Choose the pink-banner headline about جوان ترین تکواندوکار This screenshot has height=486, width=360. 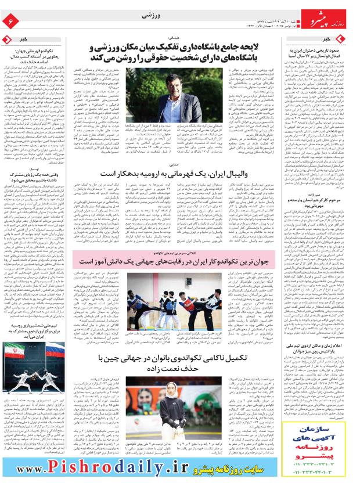pos(182,263)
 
